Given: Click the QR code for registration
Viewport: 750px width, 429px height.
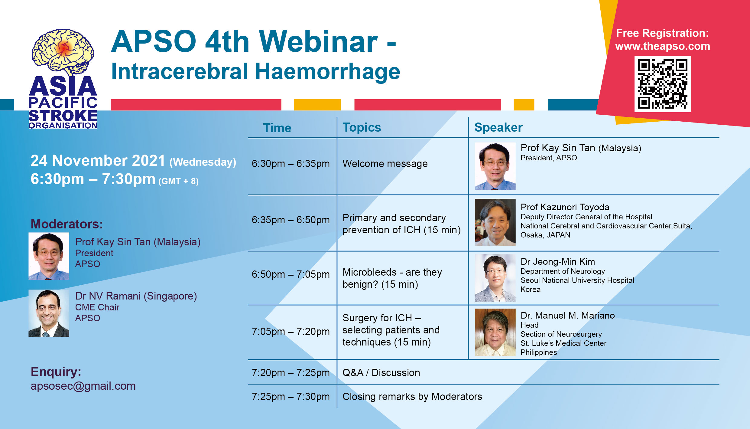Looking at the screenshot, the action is (x=662, y=84).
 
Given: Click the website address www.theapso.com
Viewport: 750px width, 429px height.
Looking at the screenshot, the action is (x=663, y=46).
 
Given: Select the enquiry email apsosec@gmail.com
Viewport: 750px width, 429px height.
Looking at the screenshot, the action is (x=83, y=386).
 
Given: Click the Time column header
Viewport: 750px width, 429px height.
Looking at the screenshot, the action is (x=277, y=128).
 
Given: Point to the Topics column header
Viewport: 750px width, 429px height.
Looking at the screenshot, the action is (x=362, y=128).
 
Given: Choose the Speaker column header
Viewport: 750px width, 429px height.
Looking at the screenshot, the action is (x=498, y=128).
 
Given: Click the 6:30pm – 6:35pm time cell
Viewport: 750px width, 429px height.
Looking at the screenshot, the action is (x=291, y=164).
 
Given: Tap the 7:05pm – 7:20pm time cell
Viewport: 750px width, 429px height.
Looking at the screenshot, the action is (x=291, y=332).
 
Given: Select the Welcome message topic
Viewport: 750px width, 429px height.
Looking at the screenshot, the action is (x=385, y=164).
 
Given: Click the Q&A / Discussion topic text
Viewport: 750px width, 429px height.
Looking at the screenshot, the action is (x=381, y=373).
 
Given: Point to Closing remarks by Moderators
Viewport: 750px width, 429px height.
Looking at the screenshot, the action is (x=412, y=397).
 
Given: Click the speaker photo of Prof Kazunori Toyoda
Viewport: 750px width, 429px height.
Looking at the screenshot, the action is (x=495, y=222).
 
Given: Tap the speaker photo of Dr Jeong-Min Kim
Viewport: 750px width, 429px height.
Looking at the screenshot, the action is (x=495, y=278).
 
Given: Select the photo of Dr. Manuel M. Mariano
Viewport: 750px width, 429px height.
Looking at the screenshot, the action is (x=495, y=332).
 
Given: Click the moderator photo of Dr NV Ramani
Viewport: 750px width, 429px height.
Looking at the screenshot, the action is (x=49, y=313).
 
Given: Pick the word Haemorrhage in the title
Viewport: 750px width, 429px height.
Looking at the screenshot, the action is (x=328, y=72).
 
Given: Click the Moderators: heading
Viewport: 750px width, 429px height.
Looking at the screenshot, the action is (x=67, y=224).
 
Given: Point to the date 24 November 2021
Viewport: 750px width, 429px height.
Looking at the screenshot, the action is (x=98, y=160).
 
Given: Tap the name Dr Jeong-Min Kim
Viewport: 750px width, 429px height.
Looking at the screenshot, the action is (x=558, y=262).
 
